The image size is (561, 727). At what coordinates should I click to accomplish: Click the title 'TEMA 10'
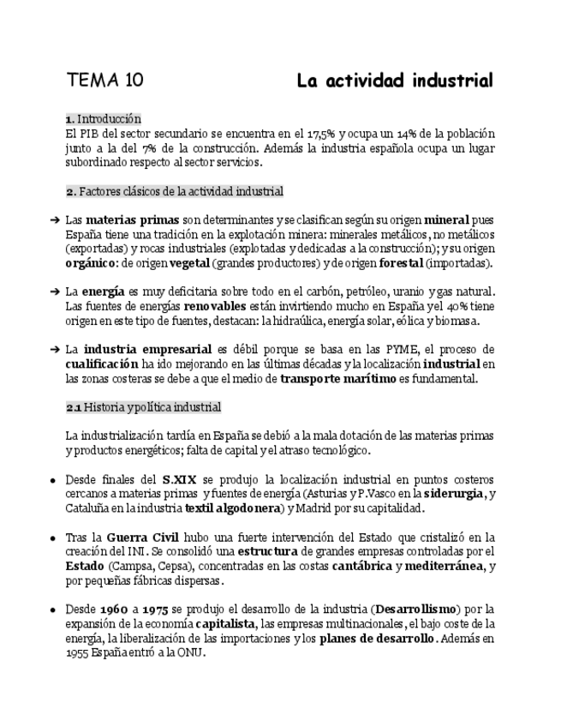[104, 81]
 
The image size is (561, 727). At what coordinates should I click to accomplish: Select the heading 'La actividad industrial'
[395, 81]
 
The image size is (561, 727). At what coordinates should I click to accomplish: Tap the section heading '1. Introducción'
[103, 119]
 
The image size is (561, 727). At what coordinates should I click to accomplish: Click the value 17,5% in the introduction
[319, 134]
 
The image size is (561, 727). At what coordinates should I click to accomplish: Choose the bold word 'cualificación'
[105, 364]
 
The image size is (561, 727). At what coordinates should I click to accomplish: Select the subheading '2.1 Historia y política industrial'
[143, 407]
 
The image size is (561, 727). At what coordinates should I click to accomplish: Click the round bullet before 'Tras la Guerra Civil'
[53, 538]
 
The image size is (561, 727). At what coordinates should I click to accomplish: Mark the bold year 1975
[156, 610]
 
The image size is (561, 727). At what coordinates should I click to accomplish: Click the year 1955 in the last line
[78, 652]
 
